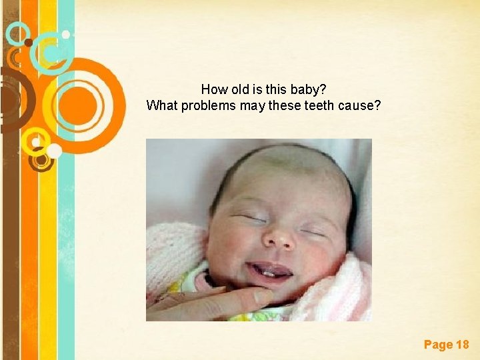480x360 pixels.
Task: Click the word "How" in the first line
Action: [213, 89]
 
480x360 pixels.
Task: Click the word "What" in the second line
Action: [161, 105]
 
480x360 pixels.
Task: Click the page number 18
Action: [462, 345]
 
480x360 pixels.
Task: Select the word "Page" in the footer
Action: [437, 345]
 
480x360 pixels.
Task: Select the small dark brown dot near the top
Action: [28, 43]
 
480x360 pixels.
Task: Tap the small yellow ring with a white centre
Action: [31, 139]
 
